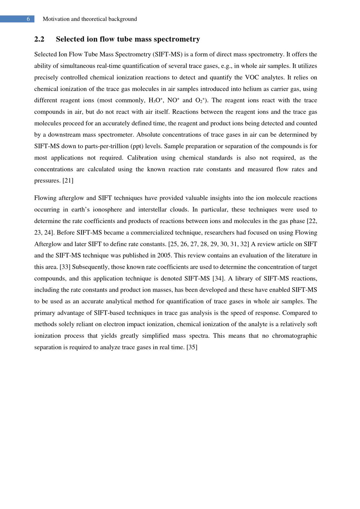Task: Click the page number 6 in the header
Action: [x=28, y=19]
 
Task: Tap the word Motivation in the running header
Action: [x=56, y=19]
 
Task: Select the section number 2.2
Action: [x=39, y=39]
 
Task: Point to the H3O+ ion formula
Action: [x=156, y=100]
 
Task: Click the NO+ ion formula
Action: [x=174, y=100]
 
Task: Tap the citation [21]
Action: [x=68, y=181]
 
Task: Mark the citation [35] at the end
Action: [x=192, y=347]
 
